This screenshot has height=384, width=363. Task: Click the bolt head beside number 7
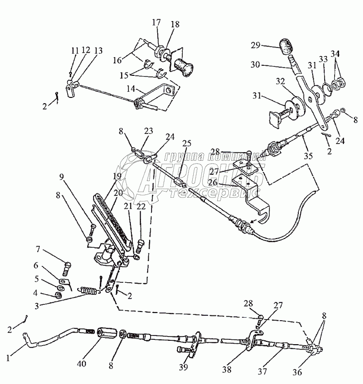point(67,263)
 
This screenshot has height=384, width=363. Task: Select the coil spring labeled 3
point(88,290)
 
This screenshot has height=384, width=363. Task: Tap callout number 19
point(117,177)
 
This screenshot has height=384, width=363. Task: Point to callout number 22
point(140,206)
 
